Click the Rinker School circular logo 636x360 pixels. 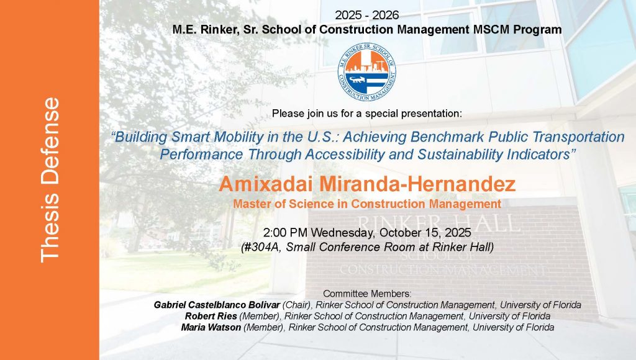367,72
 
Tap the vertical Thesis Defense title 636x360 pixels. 50,179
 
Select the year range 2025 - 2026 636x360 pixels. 367,16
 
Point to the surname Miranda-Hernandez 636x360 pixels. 417,184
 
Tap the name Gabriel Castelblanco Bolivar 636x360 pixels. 217,305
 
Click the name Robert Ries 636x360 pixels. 211,316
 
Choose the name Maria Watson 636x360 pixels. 211,327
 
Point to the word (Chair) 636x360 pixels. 297,305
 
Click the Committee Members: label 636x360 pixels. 367,294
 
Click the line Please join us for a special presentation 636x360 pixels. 367,114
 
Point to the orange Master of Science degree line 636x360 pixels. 367,204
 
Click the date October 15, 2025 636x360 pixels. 425,233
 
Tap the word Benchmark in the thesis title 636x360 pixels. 447,137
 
